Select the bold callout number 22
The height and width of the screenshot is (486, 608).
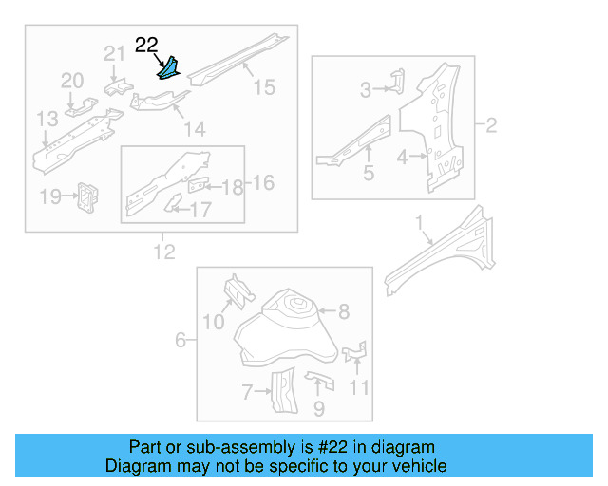click(147, 45)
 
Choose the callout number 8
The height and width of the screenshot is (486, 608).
click(344, 310)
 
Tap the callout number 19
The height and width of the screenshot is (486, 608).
click(50, 196)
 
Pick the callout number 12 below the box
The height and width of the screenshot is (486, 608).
click(163, 252)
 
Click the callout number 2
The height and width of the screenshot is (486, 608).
click(491, 124)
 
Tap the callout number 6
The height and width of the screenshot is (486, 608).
click(180, 339)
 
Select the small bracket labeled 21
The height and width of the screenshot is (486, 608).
click(117, 85)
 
